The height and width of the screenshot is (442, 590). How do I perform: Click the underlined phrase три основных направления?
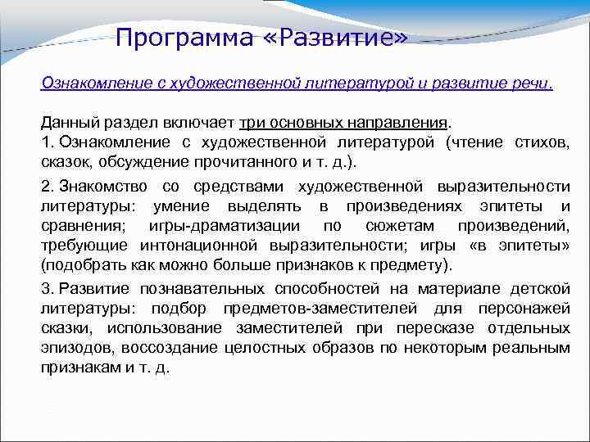coord(343,123)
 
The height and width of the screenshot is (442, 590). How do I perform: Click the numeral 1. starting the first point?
coord(47,143)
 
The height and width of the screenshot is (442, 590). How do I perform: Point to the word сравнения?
coord(79,226)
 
